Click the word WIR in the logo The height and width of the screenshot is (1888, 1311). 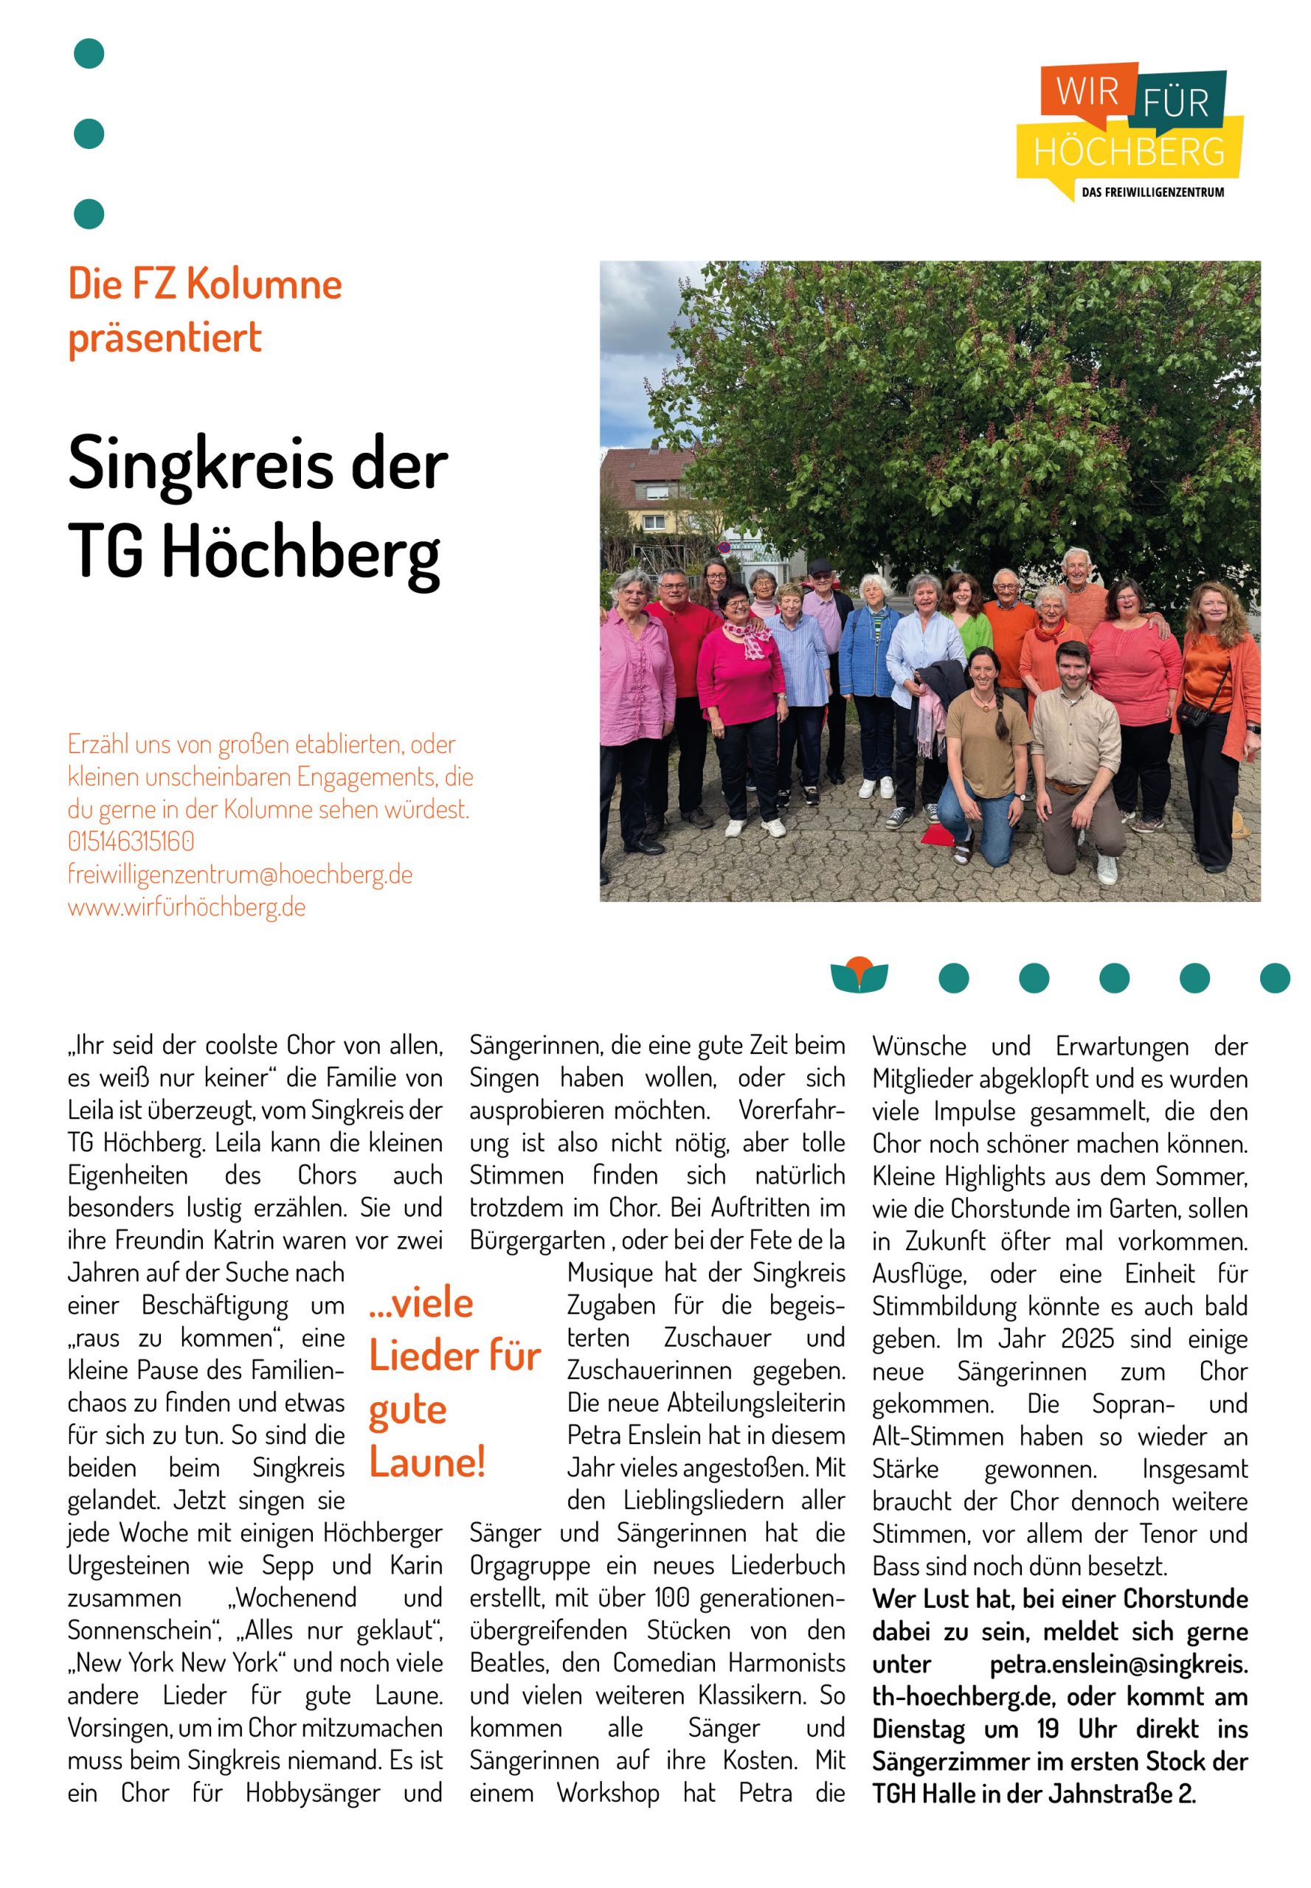[1087, 91]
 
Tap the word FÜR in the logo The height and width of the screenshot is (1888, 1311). [1175, 104]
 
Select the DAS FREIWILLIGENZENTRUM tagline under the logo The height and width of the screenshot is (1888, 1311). [1152, 192]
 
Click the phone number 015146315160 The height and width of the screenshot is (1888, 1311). [131, 841]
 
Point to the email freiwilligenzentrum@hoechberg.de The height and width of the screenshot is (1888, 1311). [240, 875]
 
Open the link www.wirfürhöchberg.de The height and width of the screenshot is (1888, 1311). [187, 907]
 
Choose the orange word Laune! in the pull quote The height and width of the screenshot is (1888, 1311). [427, 1462]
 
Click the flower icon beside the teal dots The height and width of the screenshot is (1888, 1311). [859, 975]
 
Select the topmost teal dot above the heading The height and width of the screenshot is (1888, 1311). [89, 53]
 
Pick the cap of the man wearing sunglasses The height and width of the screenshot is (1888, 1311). [820, 565]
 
